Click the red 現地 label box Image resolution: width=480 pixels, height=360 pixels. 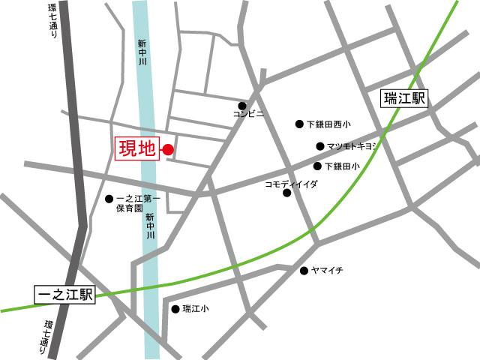coord(136,148)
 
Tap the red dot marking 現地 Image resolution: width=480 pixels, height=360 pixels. coord(168,149)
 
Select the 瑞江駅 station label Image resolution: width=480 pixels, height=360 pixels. coord(403,98)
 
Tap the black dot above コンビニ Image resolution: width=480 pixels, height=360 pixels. coord(242,106)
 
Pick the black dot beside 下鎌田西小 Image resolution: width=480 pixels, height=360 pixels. coord(299,124)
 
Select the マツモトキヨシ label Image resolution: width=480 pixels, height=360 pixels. coord(351,146)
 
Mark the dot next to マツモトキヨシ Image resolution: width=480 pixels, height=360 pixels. coord(320,146)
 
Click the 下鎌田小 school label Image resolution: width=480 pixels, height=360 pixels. coord(342,166)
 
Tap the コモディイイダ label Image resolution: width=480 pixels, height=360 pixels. coord(292,183)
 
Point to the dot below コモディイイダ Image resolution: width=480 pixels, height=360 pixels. coord(286,193)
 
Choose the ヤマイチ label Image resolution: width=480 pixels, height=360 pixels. coord(328,270)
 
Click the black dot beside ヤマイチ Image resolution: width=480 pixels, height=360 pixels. coord(304,270)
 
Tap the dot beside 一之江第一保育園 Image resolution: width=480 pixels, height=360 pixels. coord(109,199)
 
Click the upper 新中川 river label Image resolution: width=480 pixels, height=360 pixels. coord(141,54)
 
